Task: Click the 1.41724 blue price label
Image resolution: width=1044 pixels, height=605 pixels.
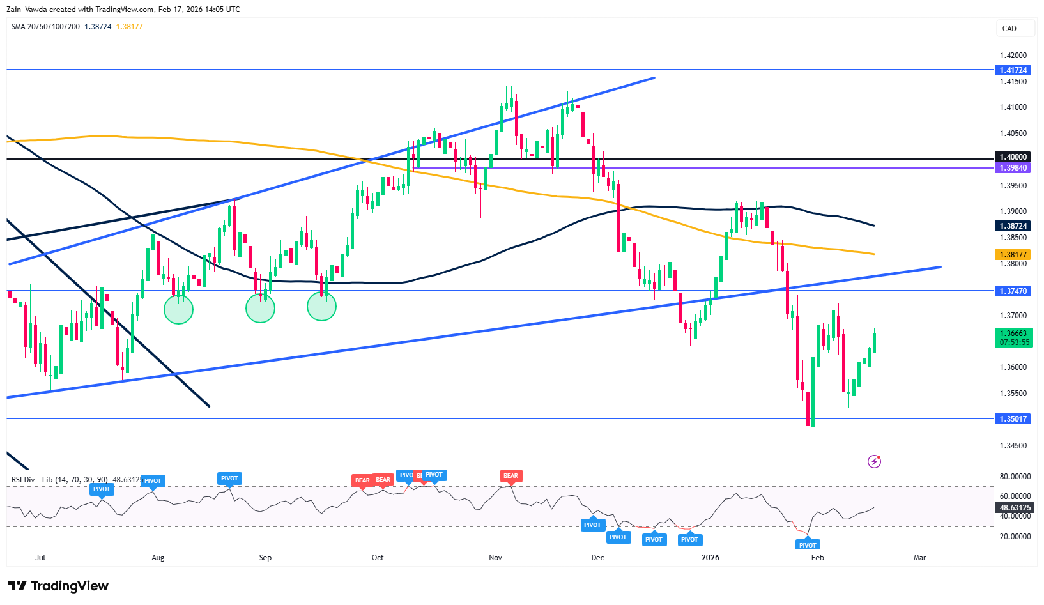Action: coord(1013,70)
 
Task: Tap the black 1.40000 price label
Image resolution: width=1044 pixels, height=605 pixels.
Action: coord(1013,157)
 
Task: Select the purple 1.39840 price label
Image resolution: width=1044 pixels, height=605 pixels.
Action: coord(1013,168)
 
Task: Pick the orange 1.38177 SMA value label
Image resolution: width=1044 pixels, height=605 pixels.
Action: coord(1013,255)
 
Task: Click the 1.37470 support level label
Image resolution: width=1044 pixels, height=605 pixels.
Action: coord(1013,291)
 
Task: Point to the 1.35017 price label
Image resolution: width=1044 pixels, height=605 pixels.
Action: coord(1013,419)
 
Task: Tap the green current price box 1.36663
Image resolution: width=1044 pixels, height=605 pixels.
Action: coord(1014,337)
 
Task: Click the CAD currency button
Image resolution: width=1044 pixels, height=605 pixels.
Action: coord(1015,29)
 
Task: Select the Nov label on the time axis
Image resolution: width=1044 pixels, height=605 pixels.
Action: coord(495,558)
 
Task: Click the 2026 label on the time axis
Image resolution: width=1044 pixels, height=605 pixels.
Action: coord(710,558)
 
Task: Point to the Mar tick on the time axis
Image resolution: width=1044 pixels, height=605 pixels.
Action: coord(919,558)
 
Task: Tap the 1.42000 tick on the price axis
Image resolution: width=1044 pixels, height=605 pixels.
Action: coord(1013,56)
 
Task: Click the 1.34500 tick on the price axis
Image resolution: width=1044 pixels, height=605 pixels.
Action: coord(1013,446)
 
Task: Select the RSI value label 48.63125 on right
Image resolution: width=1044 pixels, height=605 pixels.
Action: coord(1015,508)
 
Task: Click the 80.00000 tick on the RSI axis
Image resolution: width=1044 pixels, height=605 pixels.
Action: coord(1015,477)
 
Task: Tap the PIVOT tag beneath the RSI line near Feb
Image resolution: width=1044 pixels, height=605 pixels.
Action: coord(808,545)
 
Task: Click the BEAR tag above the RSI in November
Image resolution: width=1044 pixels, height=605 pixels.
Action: coord(510,476)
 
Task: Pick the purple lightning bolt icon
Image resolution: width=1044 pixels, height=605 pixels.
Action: coord(874,461)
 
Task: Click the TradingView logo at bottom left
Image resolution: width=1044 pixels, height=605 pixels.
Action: coord(58,586)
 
